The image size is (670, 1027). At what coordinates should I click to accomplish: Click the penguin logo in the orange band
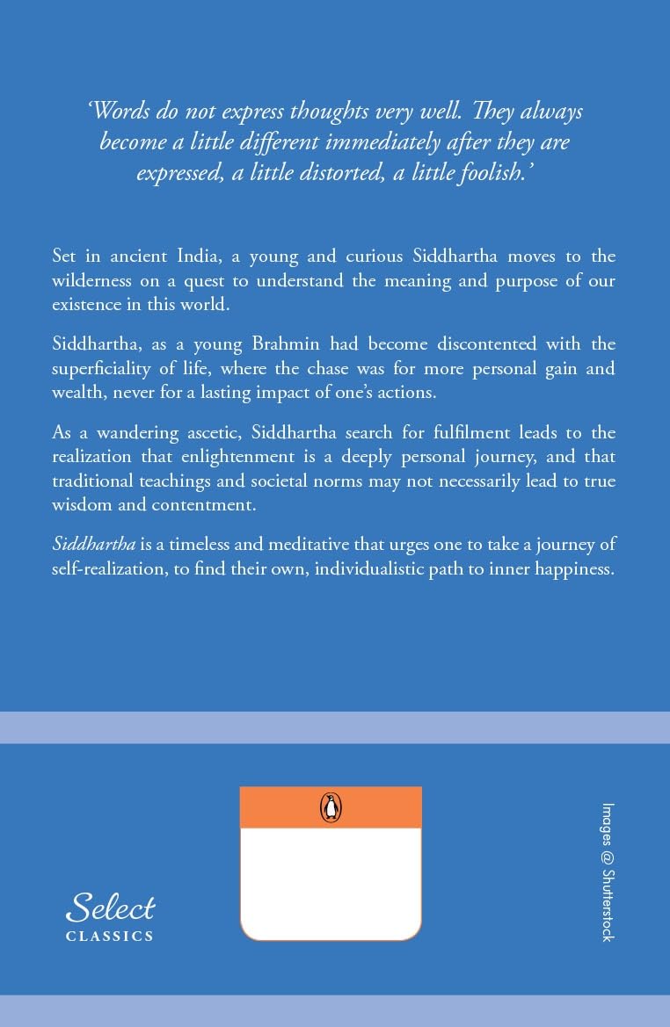[331, 807]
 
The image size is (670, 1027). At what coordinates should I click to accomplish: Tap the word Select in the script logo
[111, 908]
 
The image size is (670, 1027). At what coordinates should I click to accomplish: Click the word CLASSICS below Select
[110, 937]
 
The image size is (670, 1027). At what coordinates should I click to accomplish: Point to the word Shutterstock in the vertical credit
[607, 904]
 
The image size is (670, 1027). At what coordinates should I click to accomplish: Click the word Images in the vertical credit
[607, 825]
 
